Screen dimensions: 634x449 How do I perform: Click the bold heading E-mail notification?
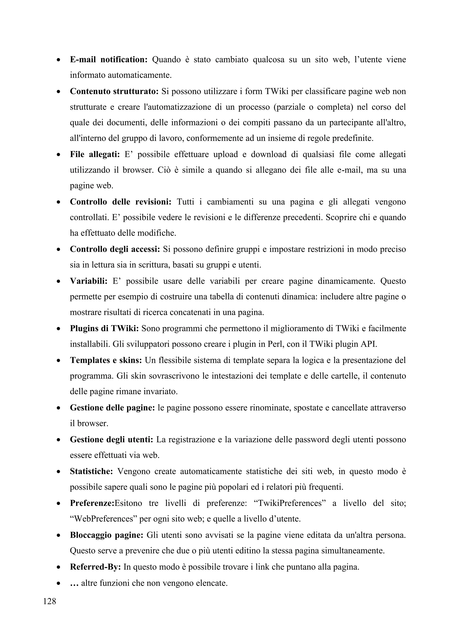(x=109, y=60)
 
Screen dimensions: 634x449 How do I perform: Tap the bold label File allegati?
(x=94, y=154)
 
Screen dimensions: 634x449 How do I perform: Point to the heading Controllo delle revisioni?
(x=121, y=202)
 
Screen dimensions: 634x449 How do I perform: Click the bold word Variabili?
(x=89, y=281)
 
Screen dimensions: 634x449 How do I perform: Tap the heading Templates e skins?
(x=106, y=360)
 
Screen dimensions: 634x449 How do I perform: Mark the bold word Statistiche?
(x=91, y=471)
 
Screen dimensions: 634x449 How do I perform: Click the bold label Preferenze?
(x=92, y=503)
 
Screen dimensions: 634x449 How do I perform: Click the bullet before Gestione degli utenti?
(x=58, y=440)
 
